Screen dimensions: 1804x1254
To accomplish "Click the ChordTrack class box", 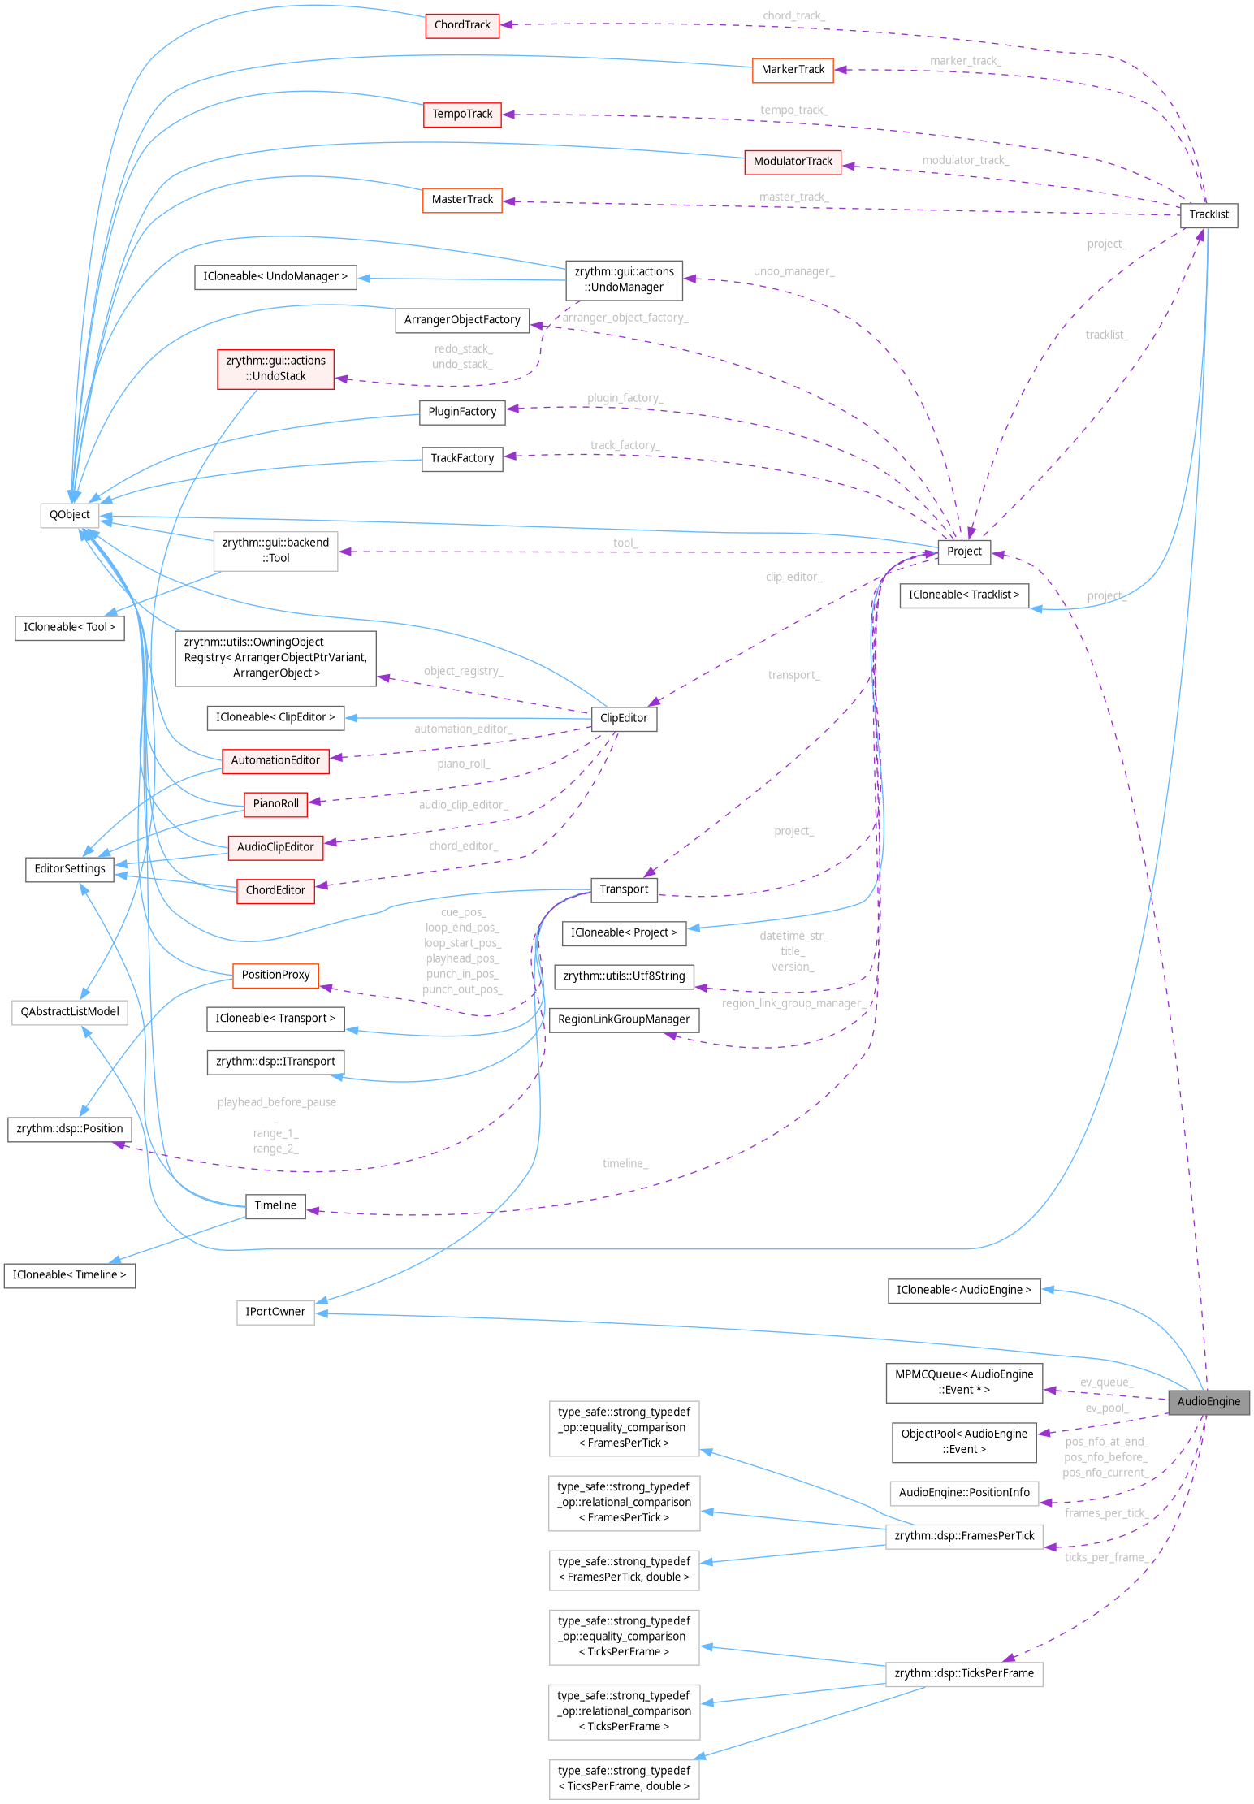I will (461, 25).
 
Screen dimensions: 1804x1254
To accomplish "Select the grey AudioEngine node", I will (1208, 1401).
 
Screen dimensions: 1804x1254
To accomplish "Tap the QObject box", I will (70, 515).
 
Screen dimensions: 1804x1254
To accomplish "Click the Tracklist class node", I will (1209, 215).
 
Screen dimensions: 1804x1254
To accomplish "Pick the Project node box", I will (964, 552).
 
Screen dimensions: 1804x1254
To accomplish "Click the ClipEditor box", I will (624, 718).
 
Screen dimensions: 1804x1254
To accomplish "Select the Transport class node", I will (624, 889).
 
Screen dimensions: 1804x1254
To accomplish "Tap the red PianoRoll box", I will (276, 804).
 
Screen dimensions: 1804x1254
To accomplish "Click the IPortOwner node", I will (275, 1312).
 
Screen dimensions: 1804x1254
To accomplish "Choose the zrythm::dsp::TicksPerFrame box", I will (964, 1673).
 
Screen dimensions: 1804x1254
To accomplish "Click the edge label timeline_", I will (625, 1164).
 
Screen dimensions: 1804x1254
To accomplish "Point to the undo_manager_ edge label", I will (793, 271).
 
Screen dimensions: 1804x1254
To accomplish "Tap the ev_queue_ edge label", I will (1106, 1382).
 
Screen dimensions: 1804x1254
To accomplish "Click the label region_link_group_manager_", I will (793, 1003).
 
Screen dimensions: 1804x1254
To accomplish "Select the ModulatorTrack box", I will (793, 162).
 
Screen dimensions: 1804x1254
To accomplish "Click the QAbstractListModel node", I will (70, 1012).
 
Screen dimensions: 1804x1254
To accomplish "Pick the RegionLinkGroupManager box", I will (624, 1019).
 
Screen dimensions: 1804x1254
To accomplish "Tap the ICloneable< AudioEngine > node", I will (964, 1290).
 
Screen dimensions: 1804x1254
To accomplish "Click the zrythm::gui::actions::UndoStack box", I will (275, 369).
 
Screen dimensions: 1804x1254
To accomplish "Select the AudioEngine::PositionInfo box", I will (964, 1493).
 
